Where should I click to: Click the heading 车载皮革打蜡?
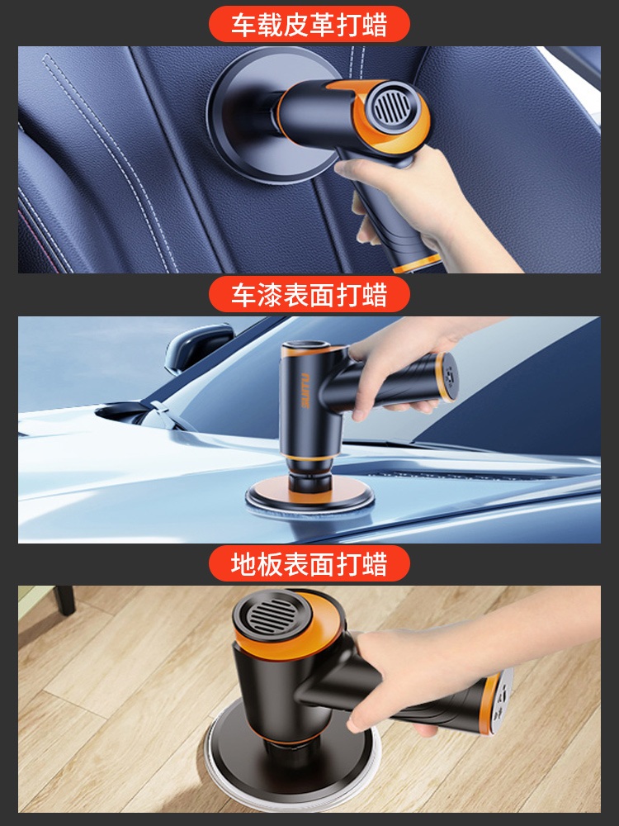(309, 25)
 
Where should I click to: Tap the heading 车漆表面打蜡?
(309, 295)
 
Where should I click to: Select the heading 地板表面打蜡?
(309, 564)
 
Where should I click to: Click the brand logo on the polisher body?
(305, 391)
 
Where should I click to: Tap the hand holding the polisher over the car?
(405, 363)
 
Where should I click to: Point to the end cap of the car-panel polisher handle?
(447, 377)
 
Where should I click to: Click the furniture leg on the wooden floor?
(65, 600)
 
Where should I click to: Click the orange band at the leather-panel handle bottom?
(417, 263)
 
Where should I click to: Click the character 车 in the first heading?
(243, 25)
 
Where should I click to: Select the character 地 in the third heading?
(243, 564)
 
